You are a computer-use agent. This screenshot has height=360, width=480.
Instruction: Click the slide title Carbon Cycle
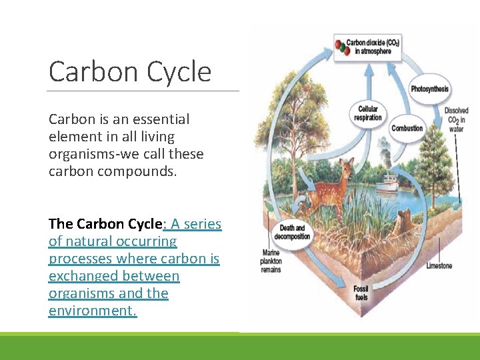tap(130, 72)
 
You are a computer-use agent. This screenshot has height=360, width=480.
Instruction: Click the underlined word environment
tap(93, 311)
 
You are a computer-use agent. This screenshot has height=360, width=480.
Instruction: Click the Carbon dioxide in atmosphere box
tap(367, 47)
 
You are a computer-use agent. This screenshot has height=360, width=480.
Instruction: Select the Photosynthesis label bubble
tap(429, 89)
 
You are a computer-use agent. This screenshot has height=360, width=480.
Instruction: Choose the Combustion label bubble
tap(407, 128)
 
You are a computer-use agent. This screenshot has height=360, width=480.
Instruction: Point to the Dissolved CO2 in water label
tap(456, 120)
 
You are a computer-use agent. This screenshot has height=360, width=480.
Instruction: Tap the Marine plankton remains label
tap(271, 261)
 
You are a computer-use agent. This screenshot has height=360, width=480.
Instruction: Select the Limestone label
tap(439, 265)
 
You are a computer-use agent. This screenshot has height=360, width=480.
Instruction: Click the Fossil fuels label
tap(360, 293)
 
